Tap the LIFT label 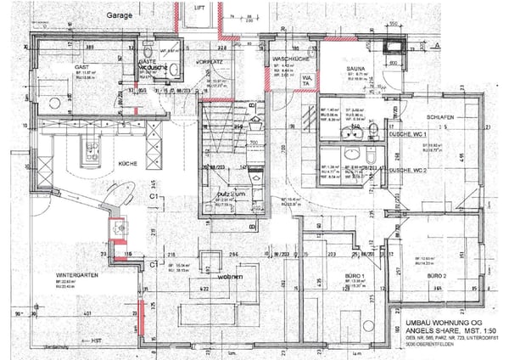[x=199, y=7]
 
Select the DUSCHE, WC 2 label [x=406, y=172]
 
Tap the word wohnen [x=232, y=278]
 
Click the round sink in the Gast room [x=54, y=102]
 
